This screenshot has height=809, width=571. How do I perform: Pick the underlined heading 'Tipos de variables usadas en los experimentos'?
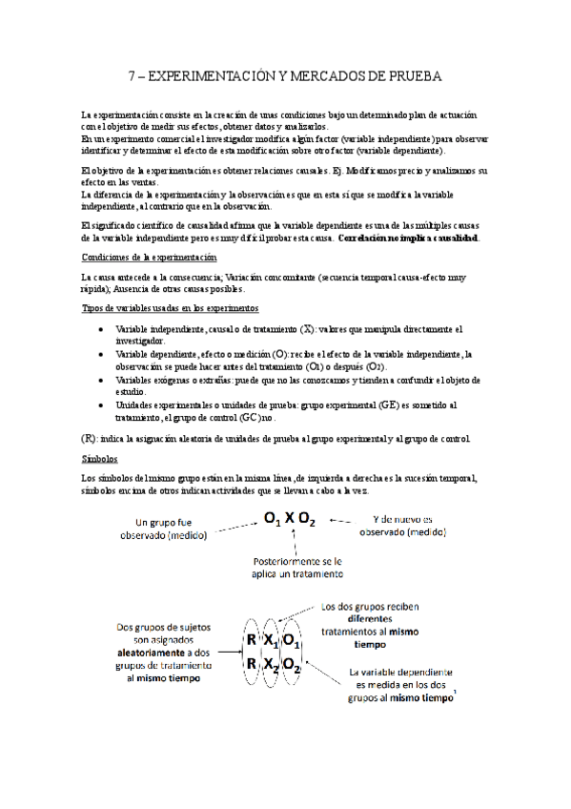[171, 308]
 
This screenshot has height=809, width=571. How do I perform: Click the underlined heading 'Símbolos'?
[100, 459]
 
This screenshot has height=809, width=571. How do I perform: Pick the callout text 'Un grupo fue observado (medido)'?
[178, 529]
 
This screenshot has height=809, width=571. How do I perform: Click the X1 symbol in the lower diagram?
[272, 641]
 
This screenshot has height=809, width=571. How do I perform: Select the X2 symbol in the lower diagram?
[272, 664]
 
